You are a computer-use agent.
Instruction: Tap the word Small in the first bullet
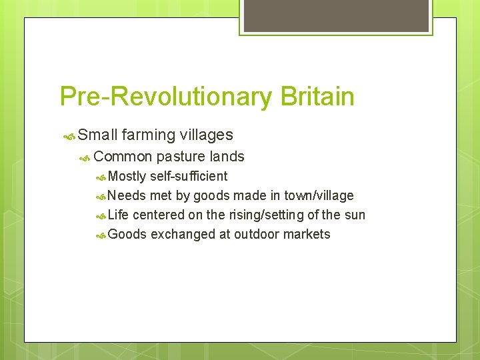pos(97,135)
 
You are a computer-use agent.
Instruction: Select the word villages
pos(206,135)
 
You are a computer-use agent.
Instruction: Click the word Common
pos(123,157)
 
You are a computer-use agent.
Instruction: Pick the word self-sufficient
pos(189,177)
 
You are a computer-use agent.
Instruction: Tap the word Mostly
pos(127,177)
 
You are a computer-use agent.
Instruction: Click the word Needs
pos(127,196)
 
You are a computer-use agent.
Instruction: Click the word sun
pos(355,215)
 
